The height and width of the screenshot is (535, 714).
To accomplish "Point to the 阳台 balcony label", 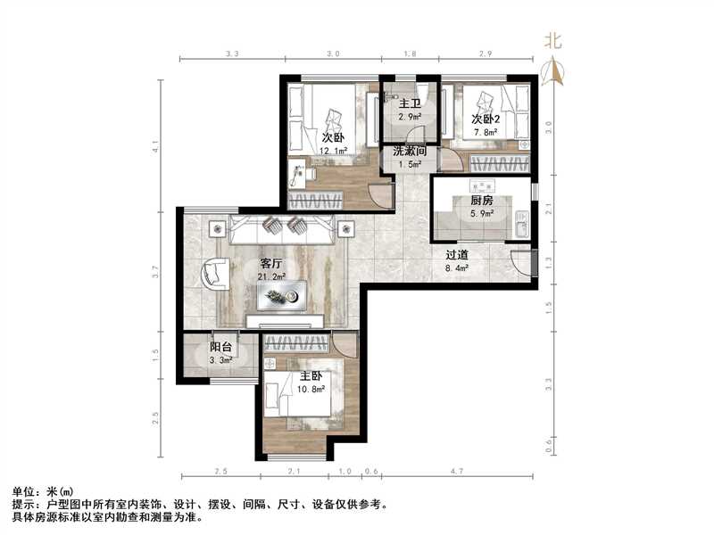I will (221, 348).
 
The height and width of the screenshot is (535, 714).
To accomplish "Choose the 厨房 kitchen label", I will (482, 201).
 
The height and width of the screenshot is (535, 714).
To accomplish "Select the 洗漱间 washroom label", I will (411, 152).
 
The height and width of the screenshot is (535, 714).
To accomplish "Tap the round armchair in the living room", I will (215, 273).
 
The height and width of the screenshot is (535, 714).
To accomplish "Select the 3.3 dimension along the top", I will (232, 54).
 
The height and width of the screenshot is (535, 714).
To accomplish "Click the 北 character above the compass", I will (553, 42).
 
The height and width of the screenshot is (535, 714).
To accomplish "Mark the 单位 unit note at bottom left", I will (25, 491).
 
